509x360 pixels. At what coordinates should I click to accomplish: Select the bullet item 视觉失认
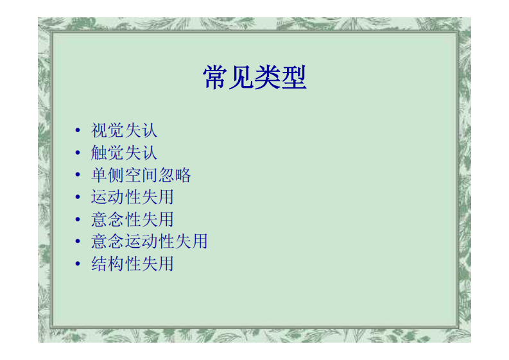pos(124,131)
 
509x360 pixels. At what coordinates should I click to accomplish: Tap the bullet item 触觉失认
pos(124,153)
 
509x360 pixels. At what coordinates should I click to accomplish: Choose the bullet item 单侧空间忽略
pos(141,175)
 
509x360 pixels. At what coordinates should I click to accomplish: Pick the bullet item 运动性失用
pos(132,197)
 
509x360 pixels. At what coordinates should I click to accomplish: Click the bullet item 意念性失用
pos(132,219)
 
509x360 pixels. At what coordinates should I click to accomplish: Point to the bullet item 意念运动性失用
pos(149,241)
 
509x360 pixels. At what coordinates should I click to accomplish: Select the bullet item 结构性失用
pos(132,264)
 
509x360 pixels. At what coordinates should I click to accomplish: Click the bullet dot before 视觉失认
pos(78,131)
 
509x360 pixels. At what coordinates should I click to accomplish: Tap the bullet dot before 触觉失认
pos(78,153)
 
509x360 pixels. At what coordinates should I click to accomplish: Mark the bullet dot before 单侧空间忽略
pos(78,175)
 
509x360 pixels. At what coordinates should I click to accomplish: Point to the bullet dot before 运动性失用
pos(78,198)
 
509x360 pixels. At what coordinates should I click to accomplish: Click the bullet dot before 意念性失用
pos(78,219)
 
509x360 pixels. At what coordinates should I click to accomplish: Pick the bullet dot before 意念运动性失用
pos(78,242)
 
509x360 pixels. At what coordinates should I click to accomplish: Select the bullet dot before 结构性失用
pos(78,264)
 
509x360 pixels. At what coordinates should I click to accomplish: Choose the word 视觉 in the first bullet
pos(107,131)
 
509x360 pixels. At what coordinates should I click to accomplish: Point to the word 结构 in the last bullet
pos(107,264)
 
